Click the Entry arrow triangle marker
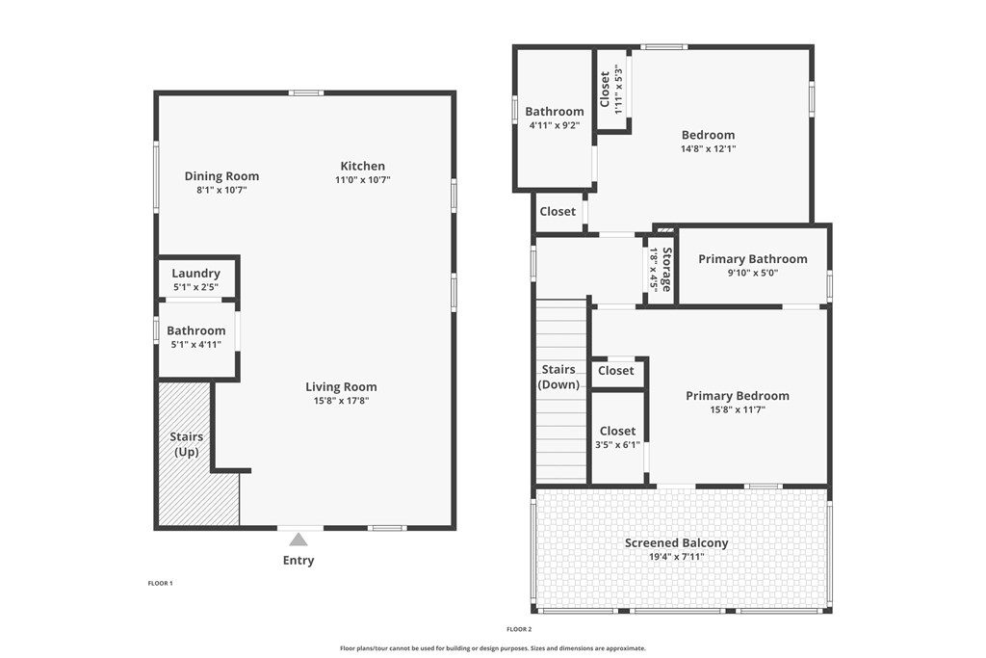click(x=299, y=540)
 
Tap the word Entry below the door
click(x=298, y=561)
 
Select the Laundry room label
click(x=196, y=274)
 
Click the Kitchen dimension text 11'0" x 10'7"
click(x=362, y=180)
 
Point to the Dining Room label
click(x=221, y=176)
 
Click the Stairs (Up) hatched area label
click(x=187, y=444)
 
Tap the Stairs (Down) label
click(x=559, y=377)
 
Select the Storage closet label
click(x=665, y=269)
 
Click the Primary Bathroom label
click(x=752, y=259)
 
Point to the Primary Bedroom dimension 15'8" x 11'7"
click(x=737, y=409)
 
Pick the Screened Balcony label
click(x=676, y=543)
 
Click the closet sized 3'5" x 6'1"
click(x=617, y=437)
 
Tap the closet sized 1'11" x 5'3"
click(x=612, y=90)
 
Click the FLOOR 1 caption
click(x=160, y=583)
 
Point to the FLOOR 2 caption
click(x=519, y=629)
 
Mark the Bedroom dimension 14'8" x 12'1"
click(x=708, y=149)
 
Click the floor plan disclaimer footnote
click(x=493, y=648)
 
